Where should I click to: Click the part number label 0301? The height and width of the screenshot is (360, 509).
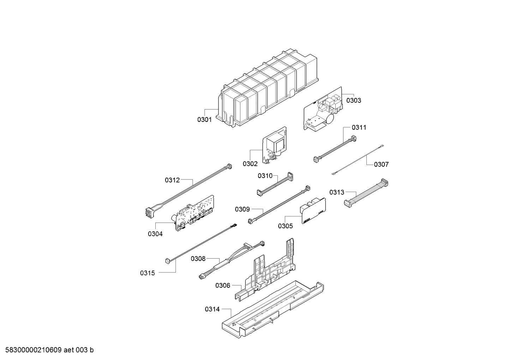pos(204,120)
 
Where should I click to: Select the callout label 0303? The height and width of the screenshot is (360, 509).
pos(353,100)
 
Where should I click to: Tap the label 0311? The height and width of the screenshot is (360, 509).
pos(359,128)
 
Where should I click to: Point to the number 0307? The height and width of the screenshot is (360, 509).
pos(381,164)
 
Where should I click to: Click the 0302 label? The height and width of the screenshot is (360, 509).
pos(250,164)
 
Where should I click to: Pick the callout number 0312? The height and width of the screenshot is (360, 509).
pos(172,180)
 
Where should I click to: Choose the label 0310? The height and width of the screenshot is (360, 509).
pos(265,176)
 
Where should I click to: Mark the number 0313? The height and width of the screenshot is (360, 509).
pos(337,193)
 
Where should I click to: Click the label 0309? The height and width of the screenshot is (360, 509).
pos(242,209)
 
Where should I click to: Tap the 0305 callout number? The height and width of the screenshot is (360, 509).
pos(285,226)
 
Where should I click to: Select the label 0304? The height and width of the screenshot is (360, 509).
pos(155,234)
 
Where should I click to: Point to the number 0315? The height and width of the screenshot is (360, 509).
pos(147,273)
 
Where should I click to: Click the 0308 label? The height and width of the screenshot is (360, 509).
pos(198,259)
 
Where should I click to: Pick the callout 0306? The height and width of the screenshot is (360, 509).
pos(223,285)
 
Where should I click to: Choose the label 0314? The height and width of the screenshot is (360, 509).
pos(212,309)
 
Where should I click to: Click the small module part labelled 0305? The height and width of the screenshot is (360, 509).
pos(312,211)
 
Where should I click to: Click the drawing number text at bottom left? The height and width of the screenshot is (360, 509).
pos(48,350)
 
